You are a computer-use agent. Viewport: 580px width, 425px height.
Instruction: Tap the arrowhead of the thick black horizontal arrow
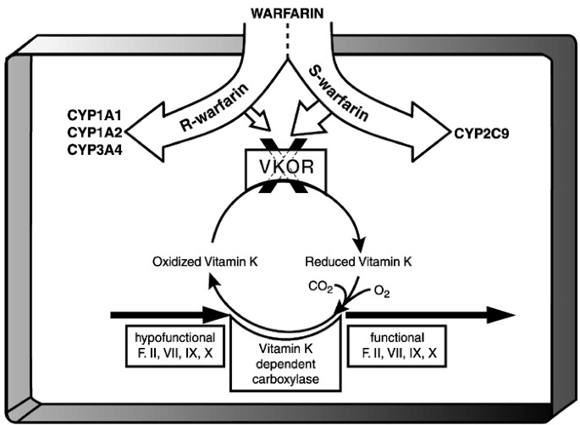(x=500, y=315)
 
